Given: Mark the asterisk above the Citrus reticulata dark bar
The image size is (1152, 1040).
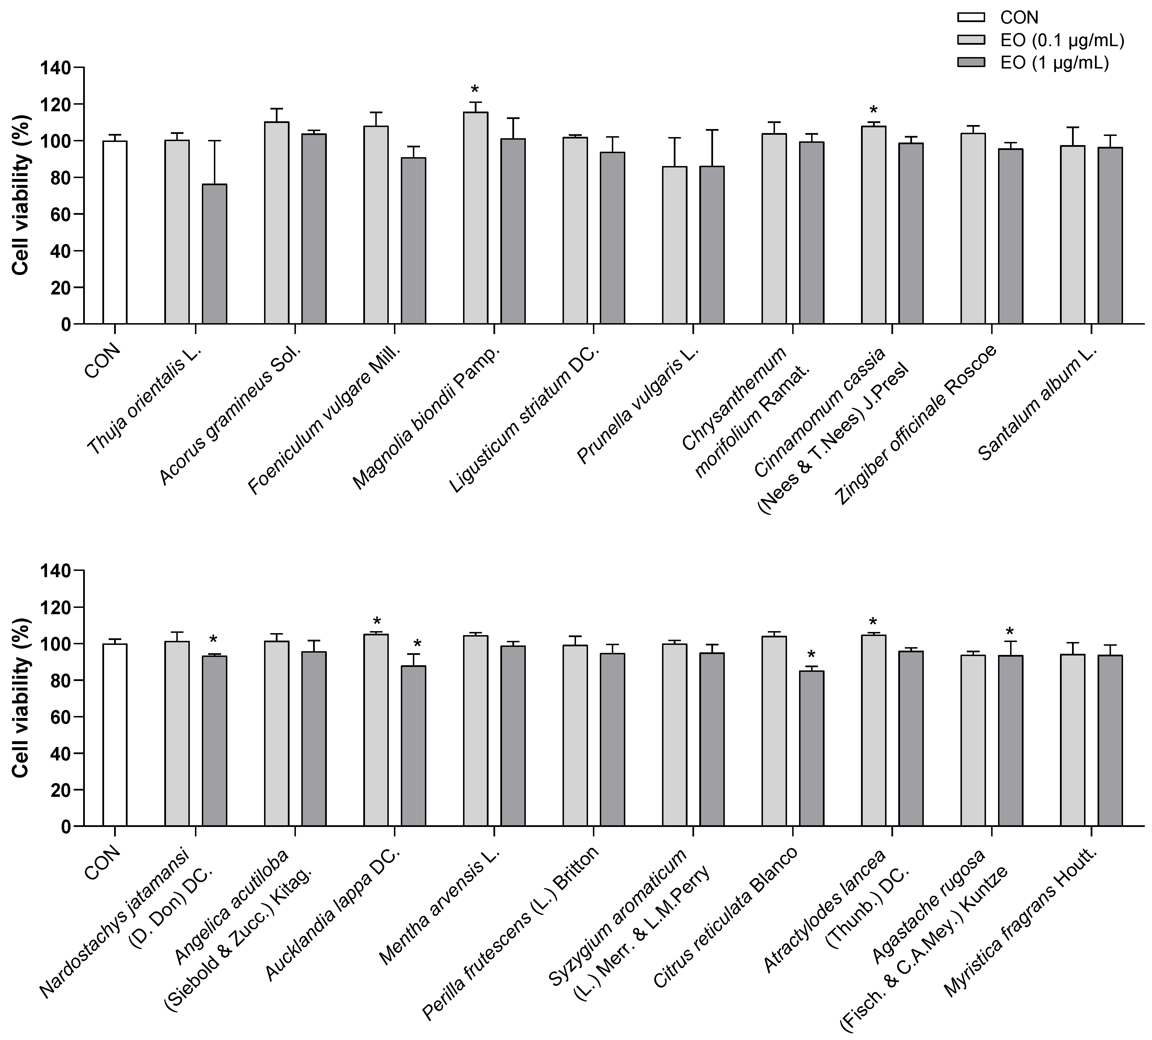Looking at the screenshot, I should pyautogui.click(x=811, y=655).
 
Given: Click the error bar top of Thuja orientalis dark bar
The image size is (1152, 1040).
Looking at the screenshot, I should pyautogui.click(x=214, y=141).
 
